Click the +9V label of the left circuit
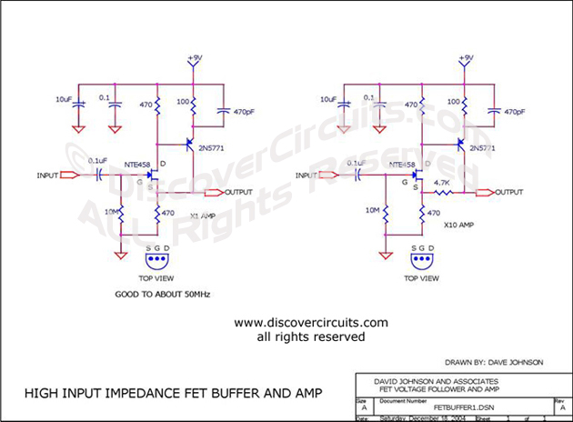point(193,59)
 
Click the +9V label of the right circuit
point(466,59)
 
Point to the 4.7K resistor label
point(443,182)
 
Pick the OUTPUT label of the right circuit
point(509,192)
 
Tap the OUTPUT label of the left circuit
point(239,192)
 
